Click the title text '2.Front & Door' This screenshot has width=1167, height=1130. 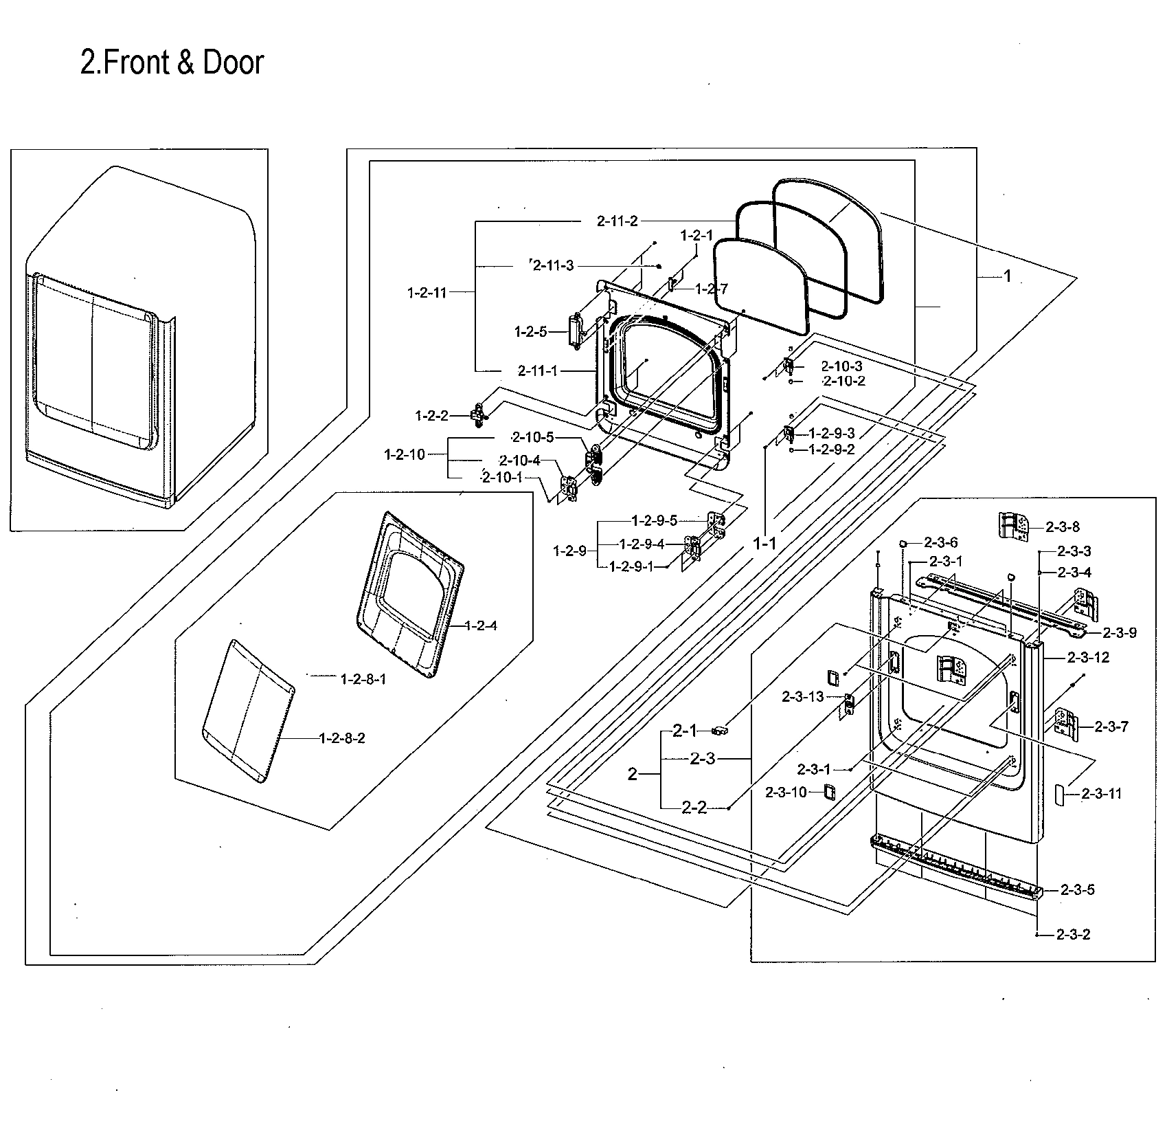click(172, 63)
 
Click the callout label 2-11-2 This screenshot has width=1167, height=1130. click(617, 221)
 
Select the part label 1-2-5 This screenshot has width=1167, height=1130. click(531, 332)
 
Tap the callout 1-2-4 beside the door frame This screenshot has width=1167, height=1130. click(481, 625)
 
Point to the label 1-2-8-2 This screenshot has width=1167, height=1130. click(342, 738)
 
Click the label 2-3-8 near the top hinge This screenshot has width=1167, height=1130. click(1063, 527)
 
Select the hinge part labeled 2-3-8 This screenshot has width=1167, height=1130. click(1012, 526)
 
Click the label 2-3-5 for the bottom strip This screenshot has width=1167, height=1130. click(1077, 889)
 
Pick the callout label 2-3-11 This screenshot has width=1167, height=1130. click(1101, 794)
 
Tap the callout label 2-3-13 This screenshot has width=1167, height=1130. click(802, 697)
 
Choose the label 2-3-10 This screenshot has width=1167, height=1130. click(786, 793)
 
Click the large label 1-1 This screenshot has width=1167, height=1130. click(764, 544)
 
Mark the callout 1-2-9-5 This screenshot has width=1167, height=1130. click(655, 520)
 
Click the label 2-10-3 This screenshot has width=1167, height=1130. click(841, 366)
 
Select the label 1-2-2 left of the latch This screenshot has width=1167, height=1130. click(431, 416)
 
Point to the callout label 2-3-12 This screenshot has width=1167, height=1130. click(1088, 657)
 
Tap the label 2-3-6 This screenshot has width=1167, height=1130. click(940, 542)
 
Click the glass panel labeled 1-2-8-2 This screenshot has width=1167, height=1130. click(247, 711)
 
